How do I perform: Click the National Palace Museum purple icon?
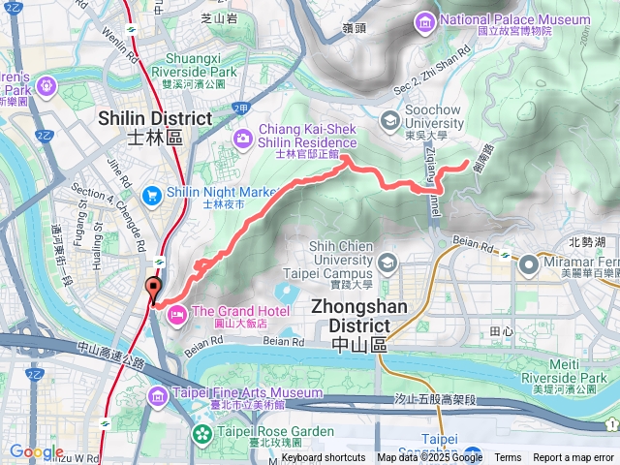pyautogui.click(x=423, y=21)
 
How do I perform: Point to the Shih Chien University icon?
pyautogui.click(x=387, y=263)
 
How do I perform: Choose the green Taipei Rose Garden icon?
pyautogui.click(x=201, y=435)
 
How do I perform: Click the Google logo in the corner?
pyautogui.click(x=36, y=452)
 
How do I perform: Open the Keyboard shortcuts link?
pyautogui.click(x=324, y=458)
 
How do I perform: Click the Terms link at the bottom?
pyautogui.click(x=508, y=458)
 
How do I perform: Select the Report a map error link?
pyautogui.click(x=574, y=458)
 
